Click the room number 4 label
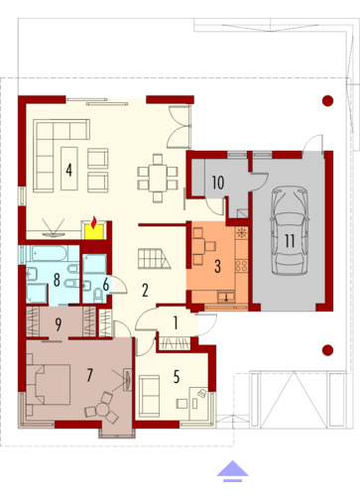(x=68, y=170)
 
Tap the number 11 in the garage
(x=290, y=241)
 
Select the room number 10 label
(x=218, y=183)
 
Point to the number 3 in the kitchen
(x=217, y=266)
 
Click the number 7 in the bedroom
(x=89, y=375)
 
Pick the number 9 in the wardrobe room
(x=59, y=324)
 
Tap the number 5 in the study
(x=177, y=377)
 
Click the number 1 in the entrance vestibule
(x=176, y=323)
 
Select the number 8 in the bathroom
(x=57, y=280)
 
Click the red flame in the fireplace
(x=94, y=222)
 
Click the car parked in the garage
(x=290, y=230)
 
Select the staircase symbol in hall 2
(x=154, y=259)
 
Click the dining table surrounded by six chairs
(x=158, y=178)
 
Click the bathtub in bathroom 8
(x=50, y=254)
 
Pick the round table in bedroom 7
(x=102, y=411)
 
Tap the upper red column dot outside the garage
(x=327, y=100)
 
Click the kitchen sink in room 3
(x=226, y=297)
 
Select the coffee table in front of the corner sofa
(x=69, y=169)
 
